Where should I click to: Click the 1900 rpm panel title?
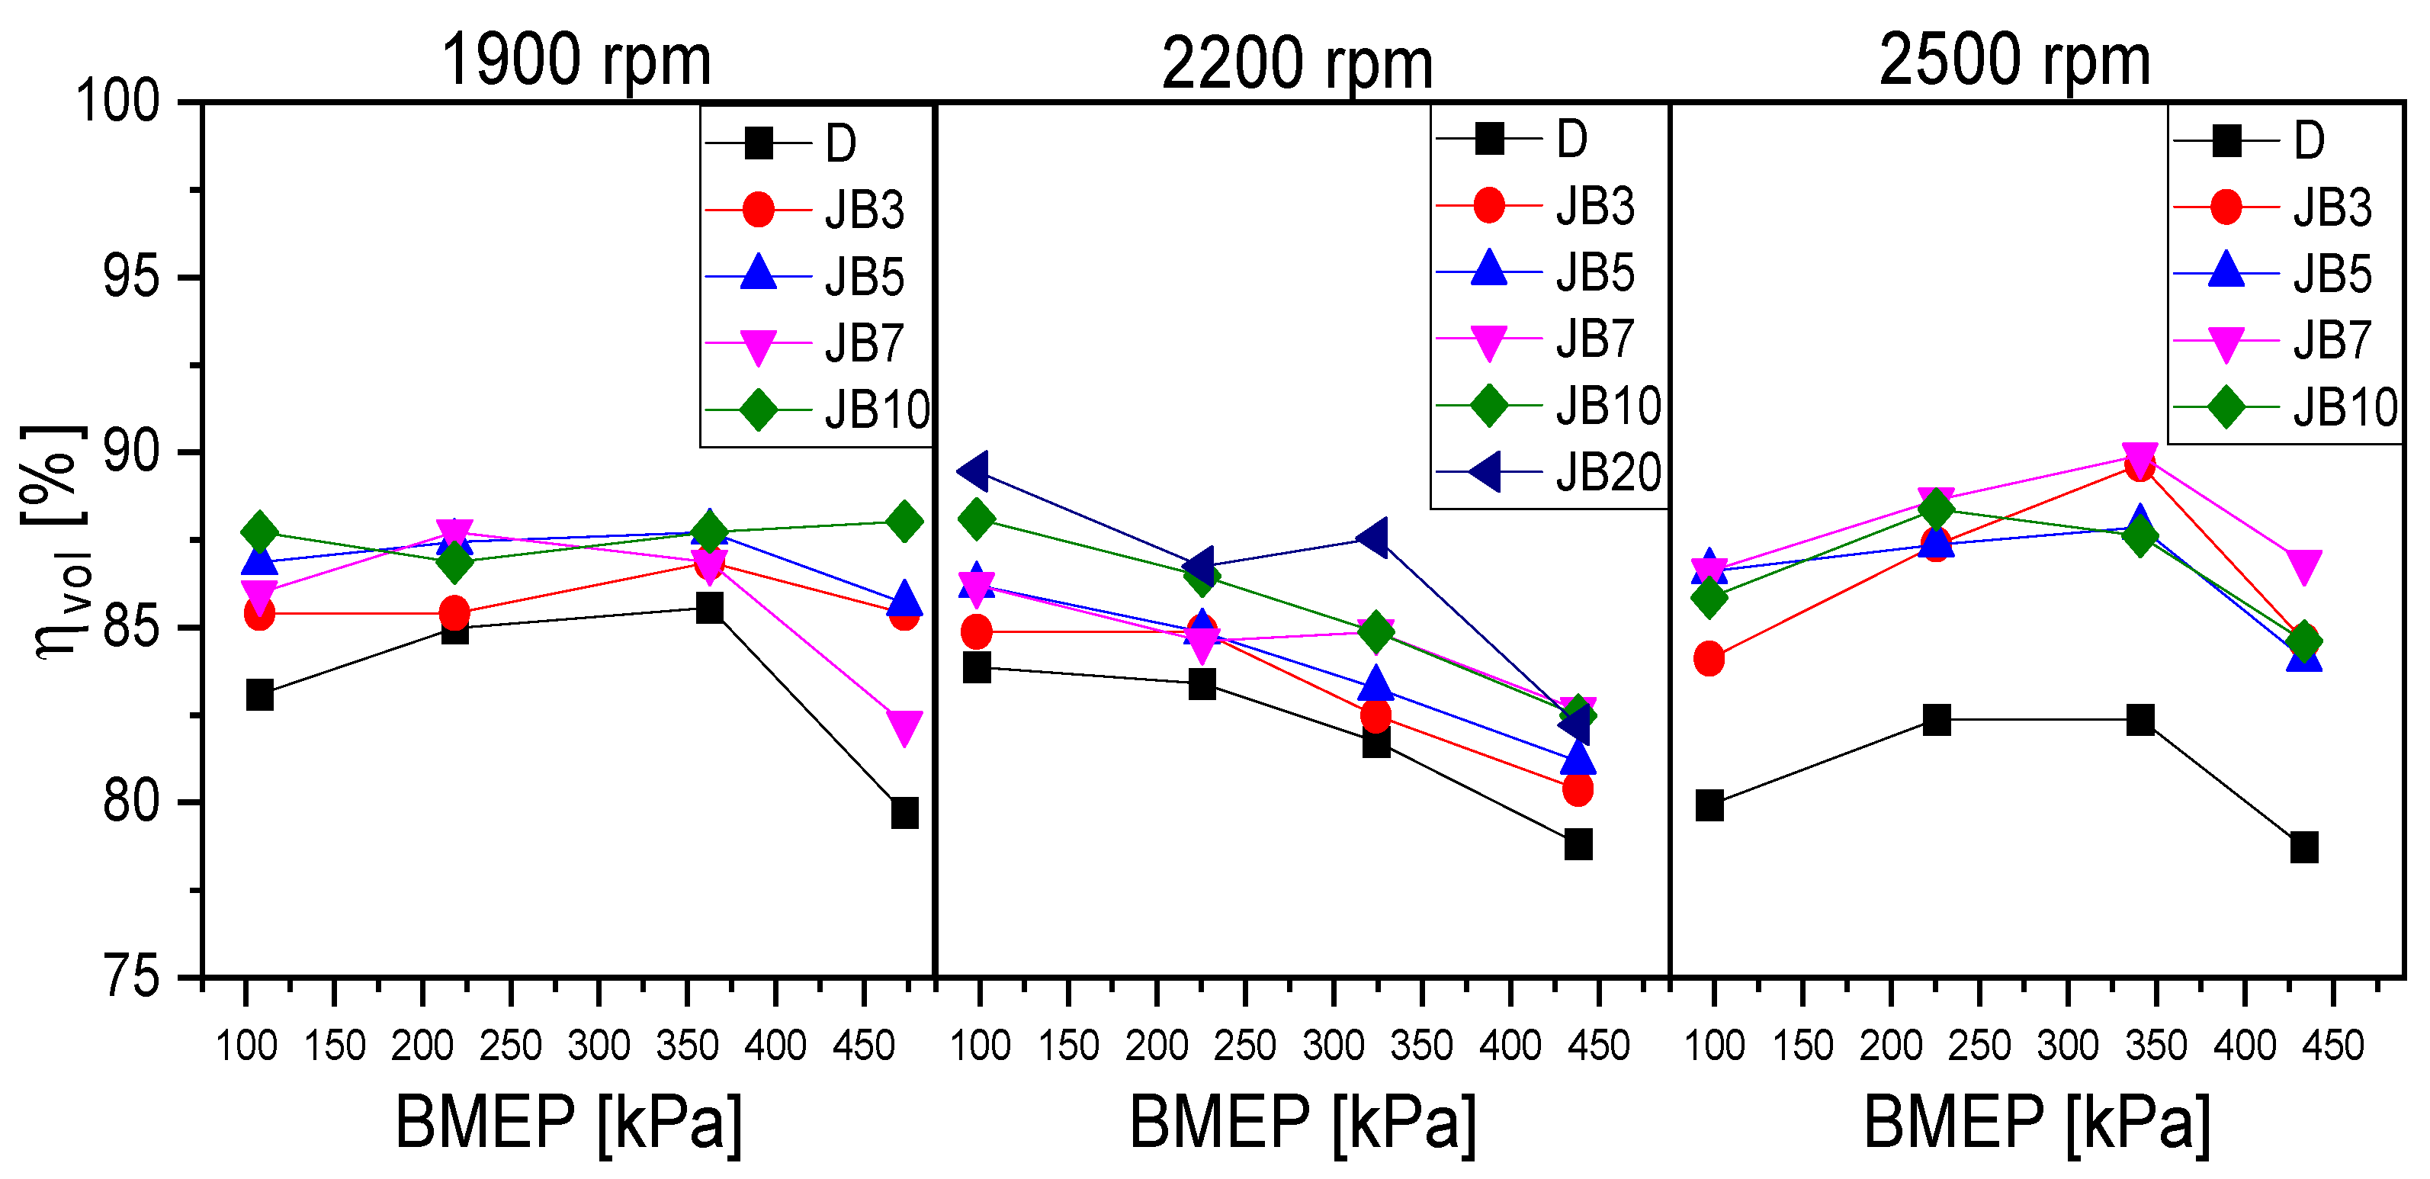pyautogui.click(x=576, y=60)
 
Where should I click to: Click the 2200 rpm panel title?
pyautogui.click(x=1297, y=64)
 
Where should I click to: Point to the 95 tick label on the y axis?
pyautogui.click(x=131, y=278)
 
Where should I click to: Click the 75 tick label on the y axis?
pyautogui.click(x=131, y=977)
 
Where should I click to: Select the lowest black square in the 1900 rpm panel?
pyautogui.click(x=904, y=812)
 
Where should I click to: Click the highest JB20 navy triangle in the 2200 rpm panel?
pyautogui.click(x=974, y=471)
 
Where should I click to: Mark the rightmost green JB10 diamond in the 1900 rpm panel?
pyautogui.click(x=904, y=522)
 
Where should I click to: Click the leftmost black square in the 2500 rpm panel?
pyautogui.click(x=1709, y=805)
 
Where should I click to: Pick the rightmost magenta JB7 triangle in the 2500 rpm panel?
pyautogui.click(x=2303, y=566)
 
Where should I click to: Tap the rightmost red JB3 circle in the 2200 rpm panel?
pyautogui.click(x=1578, y=789)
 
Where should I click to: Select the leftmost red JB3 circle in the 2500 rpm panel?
pyautogui.click(x=1709, y=658)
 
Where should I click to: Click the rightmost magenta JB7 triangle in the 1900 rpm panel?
pyautogui.click(x=904, y=726)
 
